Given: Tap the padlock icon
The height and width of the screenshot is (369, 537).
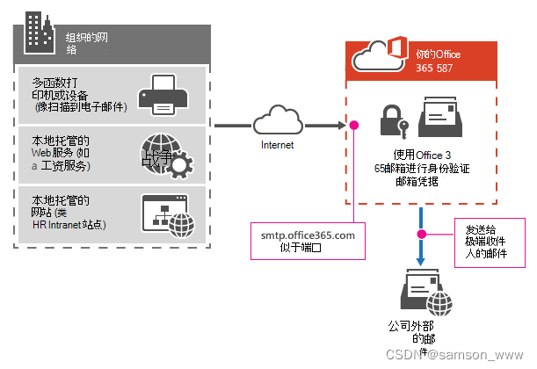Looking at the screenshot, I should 389,120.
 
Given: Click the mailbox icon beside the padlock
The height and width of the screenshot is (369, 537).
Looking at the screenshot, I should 439,116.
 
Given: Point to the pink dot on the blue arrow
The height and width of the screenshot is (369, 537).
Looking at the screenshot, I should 423,235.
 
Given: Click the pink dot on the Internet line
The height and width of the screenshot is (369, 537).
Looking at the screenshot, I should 355,126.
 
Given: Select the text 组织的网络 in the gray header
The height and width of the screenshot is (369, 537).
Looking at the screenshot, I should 88,44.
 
